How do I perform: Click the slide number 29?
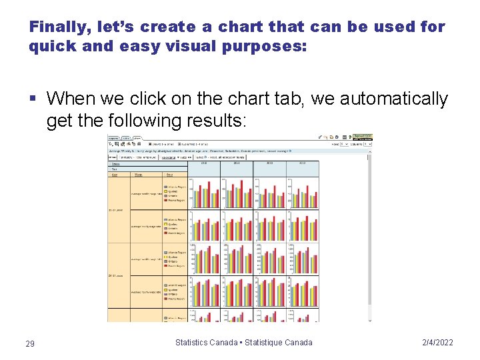(30, 343)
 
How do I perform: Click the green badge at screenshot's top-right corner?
(363, 135)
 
